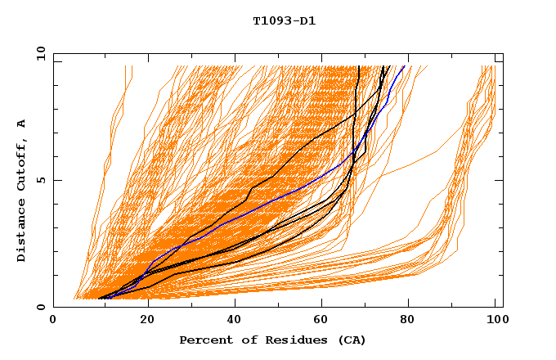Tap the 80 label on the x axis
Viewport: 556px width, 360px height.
coord(407,319)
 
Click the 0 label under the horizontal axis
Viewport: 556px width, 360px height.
coord(54,319)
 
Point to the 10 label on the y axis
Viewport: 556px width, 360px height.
coord(38,53)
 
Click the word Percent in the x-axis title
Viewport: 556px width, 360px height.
coord(202,340)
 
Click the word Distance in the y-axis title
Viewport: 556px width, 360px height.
coord(22,233)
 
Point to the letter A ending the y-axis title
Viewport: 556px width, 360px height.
coord(22,124)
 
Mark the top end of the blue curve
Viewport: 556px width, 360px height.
coord(404,66)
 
